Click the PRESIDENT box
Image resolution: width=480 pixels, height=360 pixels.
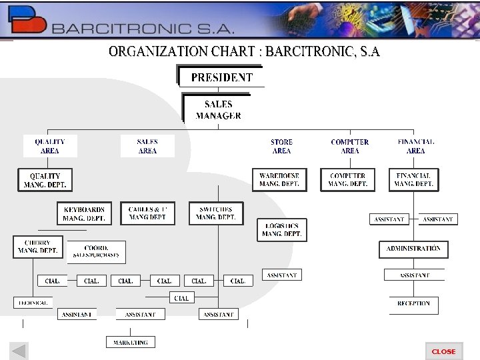click(x=221, y=77)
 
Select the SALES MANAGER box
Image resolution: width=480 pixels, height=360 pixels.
click(x=218, y=109)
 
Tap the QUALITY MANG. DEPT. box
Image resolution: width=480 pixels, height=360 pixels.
click(x=45, y=180)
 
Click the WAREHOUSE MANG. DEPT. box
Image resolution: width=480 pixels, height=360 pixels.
click(x=280, y=180)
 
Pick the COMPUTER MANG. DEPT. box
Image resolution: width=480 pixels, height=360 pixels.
click(x=347, y=180)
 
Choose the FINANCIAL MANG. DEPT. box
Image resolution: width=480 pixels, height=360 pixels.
click(x=414, y=180)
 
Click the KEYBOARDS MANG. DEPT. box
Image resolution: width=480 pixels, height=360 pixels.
click(x=84, y=213)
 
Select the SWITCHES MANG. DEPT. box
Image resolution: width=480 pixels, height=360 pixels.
click(x=216, y=213)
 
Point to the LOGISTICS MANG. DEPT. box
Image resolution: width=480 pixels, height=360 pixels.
click(x=282, y=230)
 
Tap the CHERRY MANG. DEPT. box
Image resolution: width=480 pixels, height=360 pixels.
click(x=37, y=247)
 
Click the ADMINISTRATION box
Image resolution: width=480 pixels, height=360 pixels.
click(x=413, y=249)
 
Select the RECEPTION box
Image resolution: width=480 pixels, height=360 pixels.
click(x=413, y=304)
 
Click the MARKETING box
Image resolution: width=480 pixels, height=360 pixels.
click(x=131, y=342)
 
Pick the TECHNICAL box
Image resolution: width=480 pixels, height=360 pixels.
click(x=33, y=303)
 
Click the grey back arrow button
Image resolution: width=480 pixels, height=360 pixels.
click(x=19, y=351)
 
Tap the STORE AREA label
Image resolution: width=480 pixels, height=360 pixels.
click(x=281, y=146)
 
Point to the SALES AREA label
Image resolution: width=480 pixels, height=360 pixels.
click(x=147, y=146)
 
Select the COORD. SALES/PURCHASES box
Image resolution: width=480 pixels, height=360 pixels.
click(x=96, y=251)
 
